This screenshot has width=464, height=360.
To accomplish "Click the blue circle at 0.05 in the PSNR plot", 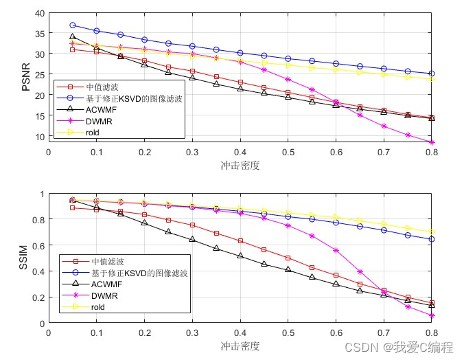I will point(72,25).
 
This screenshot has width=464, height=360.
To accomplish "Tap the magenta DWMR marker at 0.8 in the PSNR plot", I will point(432,142).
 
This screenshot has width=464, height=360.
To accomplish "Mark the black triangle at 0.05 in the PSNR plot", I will point(72,37).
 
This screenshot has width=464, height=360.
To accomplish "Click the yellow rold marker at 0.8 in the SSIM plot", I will point(432,232).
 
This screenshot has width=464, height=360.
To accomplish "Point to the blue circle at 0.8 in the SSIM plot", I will point(432,239).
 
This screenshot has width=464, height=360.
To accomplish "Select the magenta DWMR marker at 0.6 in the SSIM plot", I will point(336,250).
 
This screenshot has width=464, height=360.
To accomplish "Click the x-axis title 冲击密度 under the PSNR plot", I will point(240,165).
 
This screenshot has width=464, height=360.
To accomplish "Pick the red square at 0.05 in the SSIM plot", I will point(72,207).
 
